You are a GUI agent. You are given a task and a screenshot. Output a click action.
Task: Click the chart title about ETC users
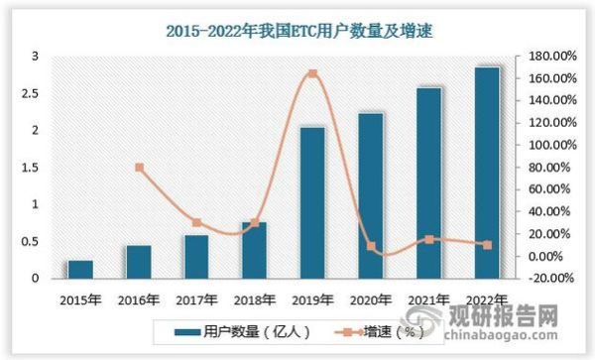click(297, 31)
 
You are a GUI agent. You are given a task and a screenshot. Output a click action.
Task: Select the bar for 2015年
click(80, 270)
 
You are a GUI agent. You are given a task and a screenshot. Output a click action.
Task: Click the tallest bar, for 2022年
click(487, 174)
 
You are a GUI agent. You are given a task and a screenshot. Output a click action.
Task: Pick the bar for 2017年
click(196, 257)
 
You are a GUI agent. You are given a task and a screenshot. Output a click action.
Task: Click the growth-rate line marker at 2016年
click(139, 168)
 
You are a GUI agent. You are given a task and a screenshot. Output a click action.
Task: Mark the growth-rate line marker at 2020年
click(371, 246)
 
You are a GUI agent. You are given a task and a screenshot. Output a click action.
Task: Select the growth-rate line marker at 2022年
click(487, 245)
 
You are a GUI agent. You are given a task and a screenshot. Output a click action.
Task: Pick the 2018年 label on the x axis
click(255, 299)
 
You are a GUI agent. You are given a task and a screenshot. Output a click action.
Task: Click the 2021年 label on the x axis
click(428, 299)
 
